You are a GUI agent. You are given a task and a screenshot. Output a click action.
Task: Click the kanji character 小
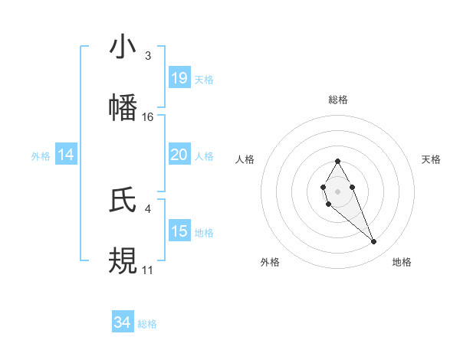point(123,47)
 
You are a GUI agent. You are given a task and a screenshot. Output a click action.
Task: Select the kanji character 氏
point(123,200)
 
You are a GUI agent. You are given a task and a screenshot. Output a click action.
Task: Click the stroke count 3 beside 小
point(148,56)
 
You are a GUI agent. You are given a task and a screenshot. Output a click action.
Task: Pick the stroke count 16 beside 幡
point(148,117)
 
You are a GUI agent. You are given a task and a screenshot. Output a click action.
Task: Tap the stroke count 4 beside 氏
point(148,208)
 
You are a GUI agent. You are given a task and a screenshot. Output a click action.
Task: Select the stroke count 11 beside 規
point(148,270)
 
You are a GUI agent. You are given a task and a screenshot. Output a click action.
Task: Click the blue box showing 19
point(179,78)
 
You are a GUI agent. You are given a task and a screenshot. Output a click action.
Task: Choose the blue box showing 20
point(179,155)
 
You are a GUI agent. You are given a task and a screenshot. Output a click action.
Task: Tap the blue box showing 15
point(179,231)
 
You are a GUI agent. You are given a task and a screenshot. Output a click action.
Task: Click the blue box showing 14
point(66,155)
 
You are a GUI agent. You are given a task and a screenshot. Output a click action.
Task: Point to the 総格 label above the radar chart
point(338,100)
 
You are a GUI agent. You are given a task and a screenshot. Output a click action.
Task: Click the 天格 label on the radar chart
point(432,159)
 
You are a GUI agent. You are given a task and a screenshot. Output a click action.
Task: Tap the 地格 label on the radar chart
point(402,262)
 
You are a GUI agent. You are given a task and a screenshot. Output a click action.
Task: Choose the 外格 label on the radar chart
point(270,262)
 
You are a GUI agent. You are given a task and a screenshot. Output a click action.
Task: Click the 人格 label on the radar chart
point(245,159)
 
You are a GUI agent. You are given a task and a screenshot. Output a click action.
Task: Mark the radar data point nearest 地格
point(374,242)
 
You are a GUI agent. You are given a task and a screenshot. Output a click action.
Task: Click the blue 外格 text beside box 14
point(41,155)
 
